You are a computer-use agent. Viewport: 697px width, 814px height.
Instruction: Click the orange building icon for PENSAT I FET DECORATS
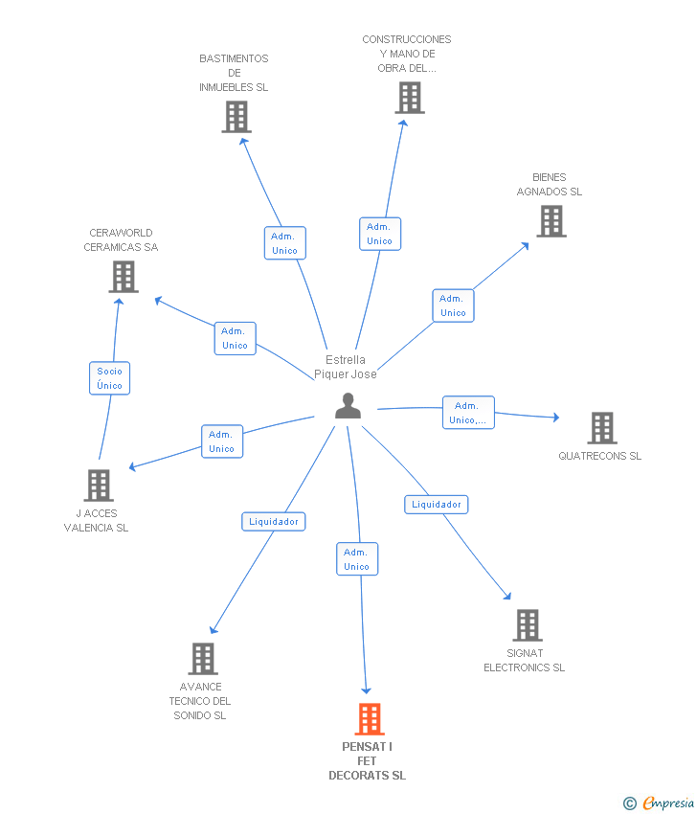click(370, 719)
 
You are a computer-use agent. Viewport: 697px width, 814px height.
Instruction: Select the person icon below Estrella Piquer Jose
click(348, 405)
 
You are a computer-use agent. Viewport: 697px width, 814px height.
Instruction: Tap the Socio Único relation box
click(109, 378)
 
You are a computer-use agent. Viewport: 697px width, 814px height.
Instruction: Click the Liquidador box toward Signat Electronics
click(436, 504)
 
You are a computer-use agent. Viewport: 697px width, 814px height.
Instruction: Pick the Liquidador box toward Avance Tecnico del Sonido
click(274, 521)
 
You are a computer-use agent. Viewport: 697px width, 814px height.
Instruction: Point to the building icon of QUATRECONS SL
click(602, 428)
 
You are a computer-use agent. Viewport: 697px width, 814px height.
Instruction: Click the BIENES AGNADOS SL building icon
click(551, 221)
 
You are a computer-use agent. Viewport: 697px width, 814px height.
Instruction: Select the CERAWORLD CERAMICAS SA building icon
click(124, 277)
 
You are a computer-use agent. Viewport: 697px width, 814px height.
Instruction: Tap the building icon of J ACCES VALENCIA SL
click(99, 486)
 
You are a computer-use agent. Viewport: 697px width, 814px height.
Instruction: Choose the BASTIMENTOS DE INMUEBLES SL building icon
click(236, 117)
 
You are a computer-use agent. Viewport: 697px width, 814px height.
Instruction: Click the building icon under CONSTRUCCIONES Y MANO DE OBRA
click(410, 98)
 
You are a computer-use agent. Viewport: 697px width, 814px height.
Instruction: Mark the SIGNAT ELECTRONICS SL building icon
click(528, 625)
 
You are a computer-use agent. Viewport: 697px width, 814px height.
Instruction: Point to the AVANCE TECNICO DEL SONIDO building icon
click(203, 658)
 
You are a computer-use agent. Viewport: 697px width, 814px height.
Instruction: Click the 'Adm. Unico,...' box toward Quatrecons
click(468, 412)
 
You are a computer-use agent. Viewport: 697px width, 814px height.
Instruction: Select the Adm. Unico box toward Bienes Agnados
click(453, 305)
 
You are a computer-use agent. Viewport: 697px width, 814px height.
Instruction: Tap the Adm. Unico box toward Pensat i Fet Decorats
click(357, 558)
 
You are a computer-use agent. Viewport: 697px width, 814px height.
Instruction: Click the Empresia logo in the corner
click(659, 803)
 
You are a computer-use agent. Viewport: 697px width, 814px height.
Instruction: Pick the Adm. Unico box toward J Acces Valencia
click(222, 441)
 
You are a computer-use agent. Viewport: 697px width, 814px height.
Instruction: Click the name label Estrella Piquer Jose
click(345, 367)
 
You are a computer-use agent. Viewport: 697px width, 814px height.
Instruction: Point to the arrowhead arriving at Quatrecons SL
click(556, 417)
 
